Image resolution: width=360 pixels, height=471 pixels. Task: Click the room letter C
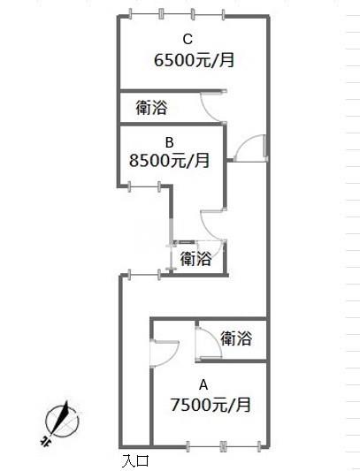coord(188,40)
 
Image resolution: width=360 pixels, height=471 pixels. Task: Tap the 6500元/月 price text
coord(194,60)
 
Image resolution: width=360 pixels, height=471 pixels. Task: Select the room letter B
coord(169,142)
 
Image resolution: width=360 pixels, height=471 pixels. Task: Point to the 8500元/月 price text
coord(169,161)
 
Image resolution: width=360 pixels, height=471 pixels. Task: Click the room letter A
coord(203,384)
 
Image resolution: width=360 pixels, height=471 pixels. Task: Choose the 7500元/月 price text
coord(211,405)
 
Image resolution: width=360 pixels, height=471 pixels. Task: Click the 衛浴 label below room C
coord(151,107)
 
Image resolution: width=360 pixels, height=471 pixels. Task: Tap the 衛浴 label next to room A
coord(236,338)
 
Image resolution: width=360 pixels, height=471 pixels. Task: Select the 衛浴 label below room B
coord(195,258)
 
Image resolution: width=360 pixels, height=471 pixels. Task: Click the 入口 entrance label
coord(135,460)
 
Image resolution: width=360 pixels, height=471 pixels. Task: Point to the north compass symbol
coord(62,420)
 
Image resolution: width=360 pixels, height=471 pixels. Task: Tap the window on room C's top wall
coord(177,14)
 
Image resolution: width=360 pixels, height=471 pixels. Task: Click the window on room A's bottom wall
coord(223,446)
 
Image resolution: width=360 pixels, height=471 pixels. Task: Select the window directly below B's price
coord(144,186)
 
